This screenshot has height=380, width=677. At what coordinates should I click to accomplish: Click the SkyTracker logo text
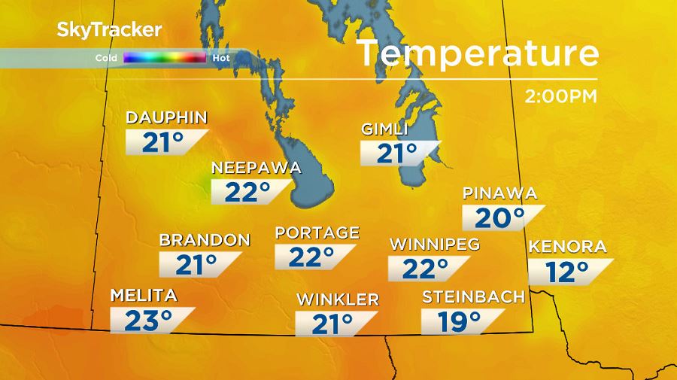(x=108, y=30)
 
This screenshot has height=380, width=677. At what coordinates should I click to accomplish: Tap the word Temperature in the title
(x=477, y=54)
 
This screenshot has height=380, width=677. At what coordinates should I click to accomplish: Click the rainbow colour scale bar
(x=165, y=57)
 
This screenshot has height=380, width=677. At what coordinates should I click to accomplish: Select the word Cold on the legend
(x=105, y=57)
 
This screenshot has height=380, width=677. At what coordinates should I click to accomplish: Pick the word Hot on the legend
(x=221, y=57)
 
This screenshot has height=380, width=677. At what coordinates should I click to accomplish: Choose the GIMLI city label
(x=384, y=129)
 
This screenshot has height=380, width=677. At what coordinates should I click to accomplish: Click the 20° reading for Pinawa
(x=499, y=218)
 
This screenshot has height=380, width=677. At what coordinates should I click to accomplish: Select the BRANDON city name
(x=204, y=240)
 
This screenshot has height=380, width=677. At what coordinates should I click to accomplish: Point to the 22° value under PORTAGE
(x=311, y=257)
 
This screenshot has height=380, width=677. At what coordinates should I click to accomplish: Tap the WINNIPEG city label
(x=434, y=245)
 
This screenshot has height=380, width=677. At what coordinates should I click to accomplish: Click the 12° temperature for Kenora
(x=567, y=272)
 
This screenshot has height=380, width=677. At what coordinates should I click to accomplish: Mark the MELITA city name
(x=144, y=294)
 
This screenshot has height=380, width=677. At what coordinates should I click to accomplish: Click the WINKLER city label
(x=337, y=299)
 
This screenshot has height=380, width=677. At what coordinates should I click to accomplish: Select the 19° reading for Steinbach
(x=460, y=321)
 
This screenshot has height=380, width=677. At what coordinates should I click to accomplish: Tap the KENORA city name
(x=567, y=247)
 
